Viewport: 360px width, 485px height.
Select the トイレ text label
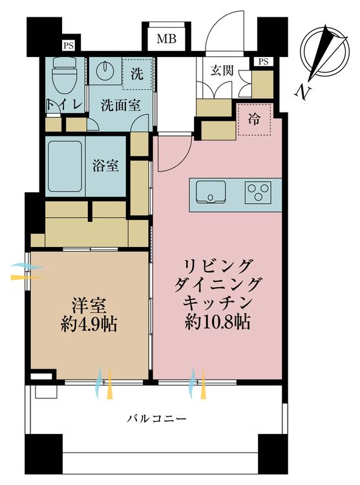63,105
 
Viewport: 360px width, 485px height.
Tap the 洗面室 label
120,105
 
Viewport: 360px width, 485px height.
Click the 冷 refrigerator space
255,120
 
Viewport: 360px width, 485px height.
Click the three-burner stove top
258,192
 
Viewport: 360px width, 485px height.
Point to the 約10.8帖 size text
218,321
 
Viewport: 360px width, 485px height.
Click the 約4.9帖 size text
89,323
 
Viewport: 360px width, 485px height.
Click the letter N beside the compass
301,92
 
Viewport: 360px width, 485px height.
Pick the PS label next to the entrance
262,61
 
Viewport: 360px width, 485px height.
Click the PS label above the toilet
67,45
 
